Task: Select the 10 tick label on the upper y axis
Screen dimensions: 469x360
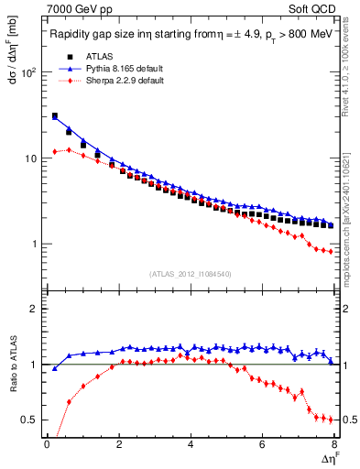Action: (29, 158)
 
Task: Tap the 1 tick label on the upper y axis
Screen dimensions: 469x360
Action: (33, 245)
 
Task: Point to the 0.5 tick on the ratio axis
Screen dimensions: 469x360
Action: (27, 420)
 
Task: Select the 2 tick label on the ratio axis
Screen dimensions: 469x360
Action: (33, 310)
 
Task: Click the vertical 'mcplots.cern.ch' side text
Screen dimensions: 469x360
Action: (352, 229)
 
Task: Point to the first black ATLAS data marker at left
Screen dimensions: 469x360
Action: (55, 116)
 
